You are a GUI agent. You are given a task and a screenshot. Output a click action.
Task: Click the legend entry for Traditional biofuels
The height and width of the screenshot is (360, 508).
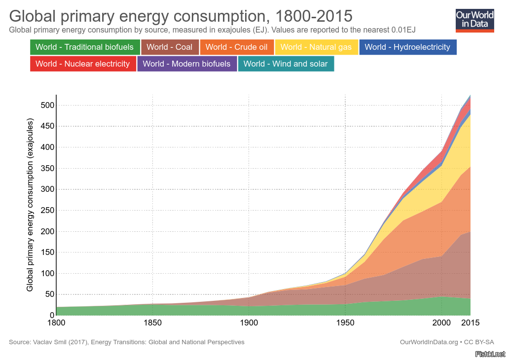pyautogui.click(x=84, y=47)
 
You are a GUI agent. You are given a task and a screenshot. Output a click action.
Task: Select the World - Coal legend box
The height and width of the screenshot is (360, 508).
pyautogui.click(x=170, y=47)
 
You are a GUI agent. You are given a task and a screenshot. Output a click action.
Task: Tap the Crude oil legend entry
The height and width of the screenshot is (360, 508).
pyautogui.click(x=237, y=47)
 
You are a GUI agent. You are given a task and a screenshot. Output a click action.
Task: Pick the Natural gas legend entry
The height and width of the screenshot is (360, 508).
pyautogui.click(x=316, y=47)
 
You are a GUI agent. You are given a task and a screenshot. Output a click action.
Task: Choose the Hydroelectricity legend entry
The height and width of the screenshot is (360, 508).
pyautogui.click(x=407, y=47)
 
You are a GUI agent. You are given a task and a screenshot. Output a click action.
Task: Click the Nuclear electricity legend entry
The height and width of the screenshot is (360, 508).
pyautogui.click(x=82, y=64)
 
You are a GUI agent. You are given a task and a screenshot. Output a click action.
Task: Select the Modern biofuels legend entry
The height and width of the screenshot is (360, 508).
pyautogui.click(x=186, y=64)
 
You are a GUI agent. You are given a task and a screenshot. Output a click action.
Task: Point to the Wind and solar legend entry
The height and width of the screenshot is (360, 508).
pyautogui.click(x=286, y=64)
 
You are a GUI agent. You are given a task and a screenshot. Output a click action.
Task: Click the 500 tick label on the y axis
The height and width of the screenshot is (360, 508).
pyautogui.click(x=48, y=105)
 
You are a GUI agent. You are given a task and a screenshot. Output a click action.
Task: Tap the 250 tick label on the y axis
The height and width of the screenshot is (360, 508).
pyautogui.click(x=48, y=210)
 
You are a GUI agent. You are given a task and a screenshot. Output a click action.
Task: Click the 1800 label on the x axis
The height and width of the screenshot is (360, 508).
pyautogui.click(x=56, y=323)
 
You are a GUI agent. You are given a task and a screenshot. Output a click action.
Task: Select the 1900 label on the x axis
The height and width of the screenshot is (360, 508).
pyautogui.click(x=249, y=323)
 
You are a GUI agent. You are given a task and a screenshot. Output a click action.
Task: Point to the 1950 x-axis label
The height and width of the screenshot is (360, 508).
pyautogui.click(x=345, y=323)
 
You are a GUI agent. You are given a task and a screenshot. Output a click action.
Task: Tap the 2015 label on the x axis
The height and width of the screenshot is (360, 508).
pyautogui.click(x=470, y=323)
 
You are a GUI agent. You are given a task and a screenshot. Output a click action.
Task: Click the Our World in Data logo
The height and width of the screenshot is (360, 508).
pyautogui.click(x=474, y=20)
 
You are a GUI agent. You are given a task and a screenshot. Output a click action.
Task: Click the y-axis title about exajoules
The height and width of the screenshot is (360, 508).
pyautogui.click(x=30, y=205)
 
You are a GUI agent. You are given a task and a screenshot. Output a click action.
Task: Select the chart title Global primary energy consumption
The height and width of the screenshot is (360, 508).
pyautogui.click(x=181, y=16)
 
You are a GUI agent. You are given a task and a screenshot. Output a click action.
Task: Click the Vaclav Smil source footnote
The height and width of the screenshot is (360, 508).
pyautogui.click(x=127, y=342)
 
